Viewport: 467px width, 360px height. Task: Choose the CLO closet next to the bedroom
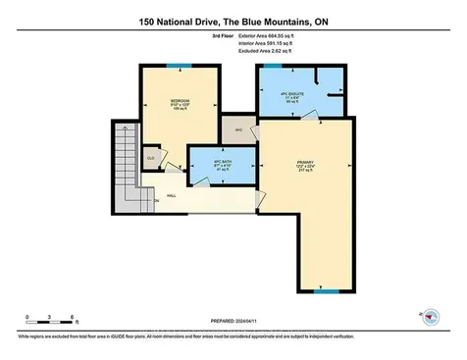point(152,156)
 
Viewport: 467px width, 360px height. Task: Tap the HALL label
point(171,196)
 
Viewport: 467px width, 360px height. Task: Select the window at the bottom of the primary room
point(326,291)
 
